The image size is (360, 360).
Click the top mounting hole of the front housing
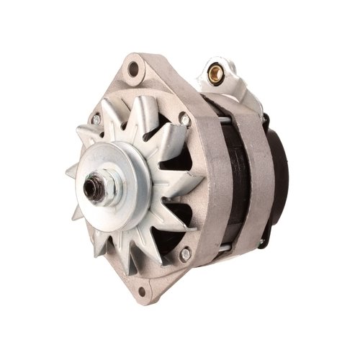[x=132, y=69]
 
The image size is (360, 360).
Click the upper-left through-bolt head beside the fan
[x=96, y=120]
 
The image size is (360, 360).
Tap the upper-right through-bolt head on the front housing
[x=185, y=119]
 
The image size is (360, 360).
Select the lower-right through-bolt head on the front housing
[x=185, y=253]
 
